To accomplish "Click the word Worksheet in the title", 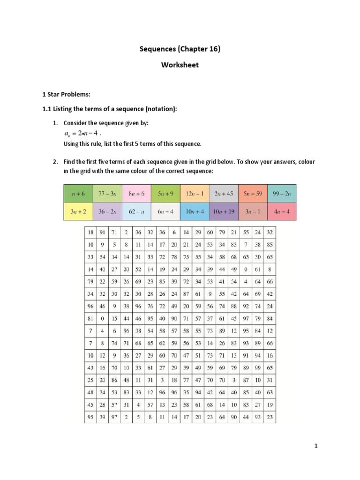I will tap(180, 65).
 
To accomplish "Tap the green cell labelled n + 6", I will tap(78, 193).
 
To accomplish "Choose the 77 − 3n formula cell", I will tap(107, 193).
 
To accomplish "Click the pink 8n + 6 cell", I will tap(136, 193).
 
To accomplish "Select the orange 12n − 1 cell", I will tap(195, 193).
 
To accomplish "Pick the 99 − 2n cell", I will tap(282, 193).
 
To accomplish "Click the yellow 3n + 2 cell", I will tap(78, 211).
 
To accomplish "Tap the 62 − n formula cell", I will tap(136, 211).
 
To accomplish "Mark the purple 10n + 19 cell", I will tap(224, 211).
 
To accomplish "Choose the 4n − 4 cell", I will tap(282, 211).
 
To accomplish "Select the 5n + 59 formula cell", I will tap(253, 193).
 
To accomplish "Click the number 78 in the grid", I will tap(174, 257).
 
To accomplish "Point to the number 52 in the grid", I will tap(138, 269).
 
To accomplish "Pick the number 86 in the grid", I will tap(114, 379).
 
